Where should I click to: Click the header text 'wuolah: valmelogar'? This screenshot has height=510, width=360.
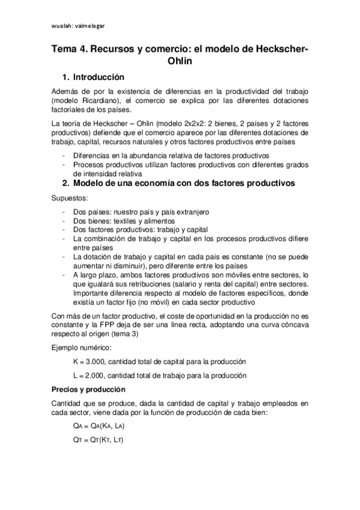(x=79, y=26)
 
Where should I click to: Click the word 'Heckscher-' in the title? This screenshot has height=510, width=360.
(x=278, y=50)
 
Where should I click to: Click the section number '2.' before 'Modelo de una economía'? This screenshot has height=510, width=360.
(x=66, y=184)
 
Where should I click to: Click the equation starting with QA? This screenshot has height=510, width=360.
(x=100, y=425)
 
